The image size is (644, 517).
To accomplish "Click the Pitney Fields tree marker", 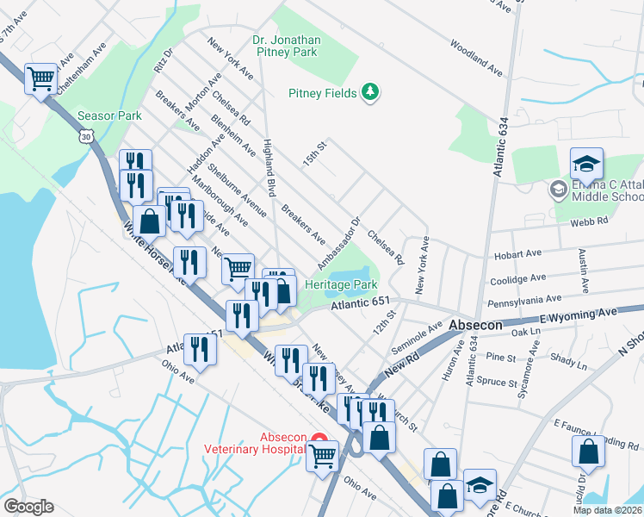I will click(x=370, y=91).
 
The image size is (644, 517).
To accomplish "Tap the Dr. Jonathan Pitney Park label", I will click(x=287, y=46).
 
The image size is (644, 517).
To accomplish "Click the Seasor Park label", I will click(x=109, y=115).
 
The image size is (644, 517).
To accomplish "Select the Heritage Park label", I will click(x=342, y=284).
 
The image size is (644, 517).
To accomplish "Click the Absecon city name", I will click(x=476, y=325).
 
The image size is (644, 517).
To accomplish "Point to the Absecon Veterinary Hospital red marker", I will click(x=319, y=439).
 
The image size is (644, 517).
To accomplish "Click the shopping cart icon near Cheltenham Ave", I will click(x=40, y=80).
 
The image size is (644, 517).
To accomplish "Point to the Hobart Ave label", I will click(x=517, y=256).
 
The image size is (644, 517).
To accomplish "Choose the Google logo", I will click(x=28, y=507).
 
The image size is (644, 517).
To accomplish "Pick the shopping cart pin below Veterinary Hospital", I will click(x=323, y=456).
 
